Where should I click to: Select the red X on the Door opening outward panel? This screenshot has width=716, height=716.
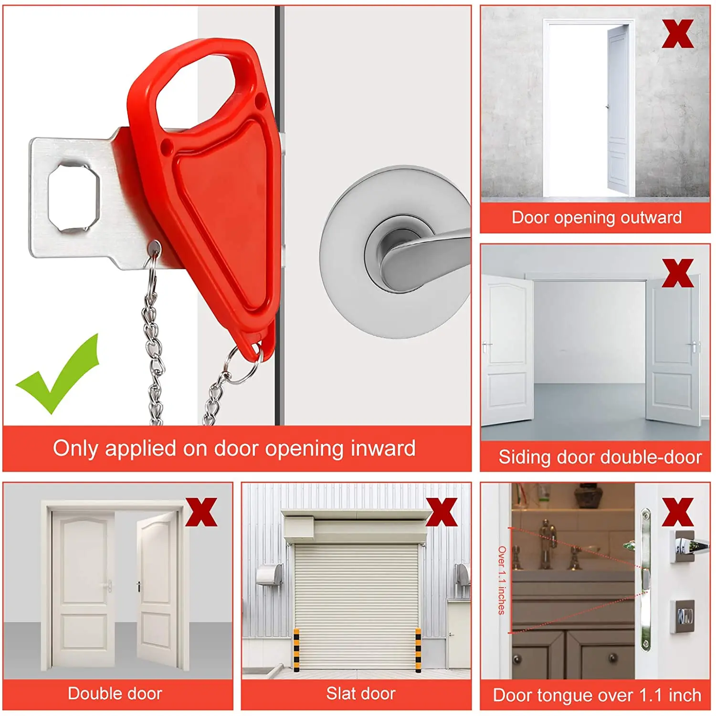click(x=677, y=34)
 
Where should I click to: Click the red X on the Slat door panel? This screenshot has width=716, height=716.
click(x=441, y=512)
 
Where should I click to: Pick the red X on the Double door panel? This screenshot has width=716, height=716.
click(x=201, y=512)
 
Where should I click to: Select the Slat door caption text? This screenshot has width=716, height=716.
click(x=361, y=694)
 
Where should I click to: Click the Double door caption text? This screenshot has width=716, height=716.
click(x=115, y=694)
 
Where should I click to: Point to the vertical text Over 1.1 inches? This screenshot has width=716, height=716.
click(x=501, y=580)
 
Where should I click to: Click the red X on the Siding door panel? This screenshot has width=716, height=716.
click(x=677, y=274)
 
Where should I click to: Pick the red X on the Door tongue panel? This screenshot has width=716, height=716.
click(x=677, y=512)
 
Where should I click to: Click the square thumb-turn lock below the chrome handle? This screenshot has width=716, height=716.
click(x=684, y=617)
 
